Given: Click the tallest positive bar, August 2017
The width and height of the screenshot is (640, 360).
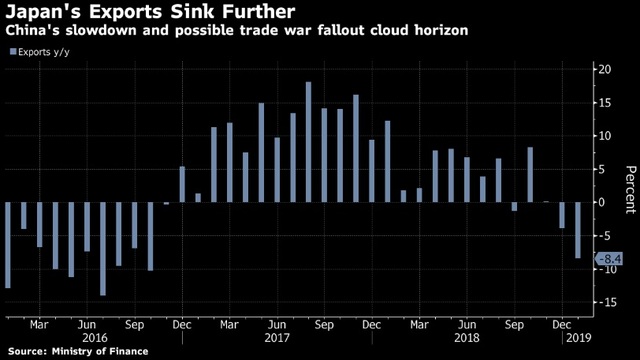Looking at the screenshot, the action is point(309,142).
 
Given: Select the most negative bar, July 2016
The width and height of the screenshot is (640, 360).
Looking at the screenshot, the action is point(103,249).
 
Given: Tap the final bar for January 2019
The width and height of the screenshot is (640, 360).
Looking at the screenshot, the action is point(578,230).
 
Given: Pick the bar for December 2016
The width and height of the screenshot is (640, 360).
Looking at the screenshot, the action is point(182,184).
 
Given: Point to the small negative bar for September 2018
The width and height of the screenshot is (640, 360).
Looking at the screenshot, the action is point(514,207).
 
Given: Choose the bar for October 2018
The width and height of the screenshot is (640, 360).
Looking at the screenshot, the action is point(530,175).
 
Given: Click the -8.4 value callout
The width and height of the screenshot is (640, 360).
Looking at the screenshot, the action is point(609,259).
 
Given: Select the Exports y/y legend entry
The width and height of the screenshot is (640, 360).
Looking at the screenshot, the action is point(40,52).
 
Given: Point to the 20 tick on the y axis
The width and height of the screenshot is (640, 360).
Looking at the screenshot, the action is point(605,69).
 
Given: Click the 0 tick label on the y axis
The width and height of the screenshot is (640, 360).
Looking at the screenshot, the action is point(602,202).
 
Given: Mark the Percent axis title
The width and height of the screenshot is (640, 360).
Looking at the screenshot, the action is point(630,189).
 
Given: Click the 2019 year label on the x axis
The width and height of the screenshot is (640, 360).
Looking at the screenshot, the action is point(579,338).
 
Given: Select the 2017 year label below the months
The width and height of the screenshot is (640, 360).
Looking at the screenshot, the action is point(277,338).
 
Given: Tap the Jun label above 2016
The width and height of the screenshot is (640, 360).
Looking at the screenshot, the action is point(87,325).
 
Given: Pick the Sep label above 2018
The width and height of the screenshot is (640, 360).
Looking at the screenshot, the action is point(514,325).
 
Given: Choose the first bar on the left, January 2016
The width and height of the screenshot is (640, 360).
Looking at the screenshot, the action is point(8,245).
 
